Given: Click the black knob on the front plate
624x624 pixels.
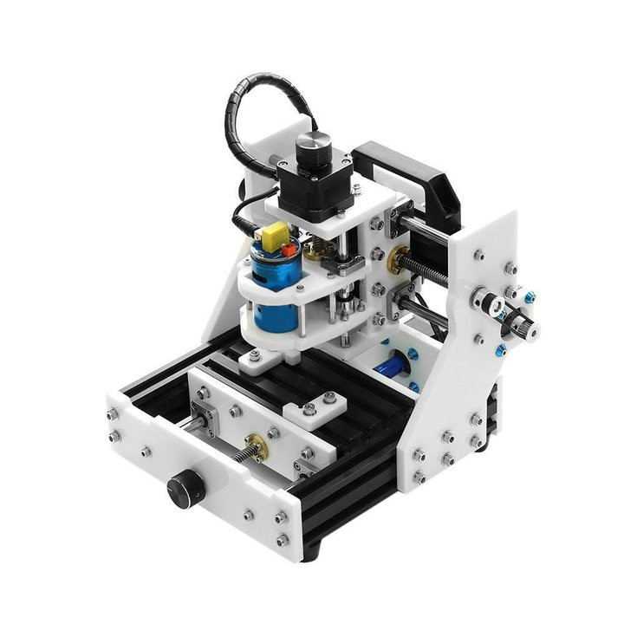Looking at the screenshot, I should coord(185,488).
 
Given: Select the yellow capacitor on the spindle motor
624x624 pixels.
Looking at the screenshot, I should coord(275,235).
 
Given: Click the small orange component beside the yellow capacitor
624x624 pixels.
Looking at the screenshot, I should coord(288,249).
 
